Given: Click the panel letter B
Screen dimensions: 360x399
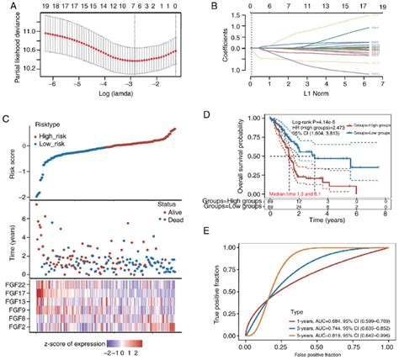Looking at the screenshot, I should click(205, 6).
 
